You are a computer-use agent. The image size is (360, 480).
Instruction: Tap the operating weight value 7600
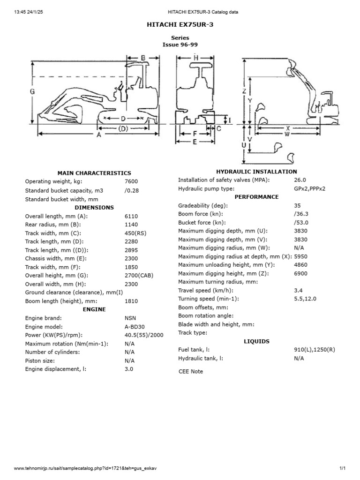coord(132,181)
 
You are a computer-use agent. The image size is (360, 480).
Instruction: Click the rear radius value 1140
coord(132,224)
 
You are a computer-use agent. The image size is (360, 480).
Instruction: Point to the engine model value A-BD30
coord(135,327)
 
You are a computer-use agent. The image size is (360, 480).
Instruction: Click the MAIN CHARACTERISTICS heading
coord(94,173)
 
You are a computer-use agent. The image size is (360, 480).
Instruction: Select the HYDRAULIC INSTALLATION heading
coord(256,172)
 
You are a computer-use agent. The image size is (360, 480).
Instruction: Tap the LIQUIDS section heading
coord(256,341)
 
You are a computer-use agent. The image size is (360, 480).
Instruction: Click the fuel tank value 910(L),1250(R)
coord(315,350)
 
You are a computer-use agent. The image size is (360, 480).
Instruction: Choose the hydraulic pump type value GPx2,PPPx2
coord(309,188)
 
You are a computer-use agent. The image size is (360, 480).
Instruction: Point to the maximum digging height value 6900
coord(300,273)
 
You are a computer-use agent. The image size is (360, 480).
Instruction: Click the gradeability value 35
coord(297,205)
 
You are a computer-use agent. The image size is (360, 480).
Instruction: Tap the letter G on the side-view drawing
coord(32,92)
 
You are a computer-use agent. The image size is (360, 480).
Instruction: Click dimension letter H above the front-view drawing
coord(195,57)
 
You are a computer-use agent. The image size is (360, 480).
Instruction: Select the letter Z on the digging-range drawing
coord(244,91)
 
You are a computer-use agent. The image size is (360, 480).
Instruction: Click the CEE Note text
coord(191,371)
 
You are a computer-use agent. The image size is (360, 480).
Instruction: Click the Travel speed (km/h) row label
coord(203,290)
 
